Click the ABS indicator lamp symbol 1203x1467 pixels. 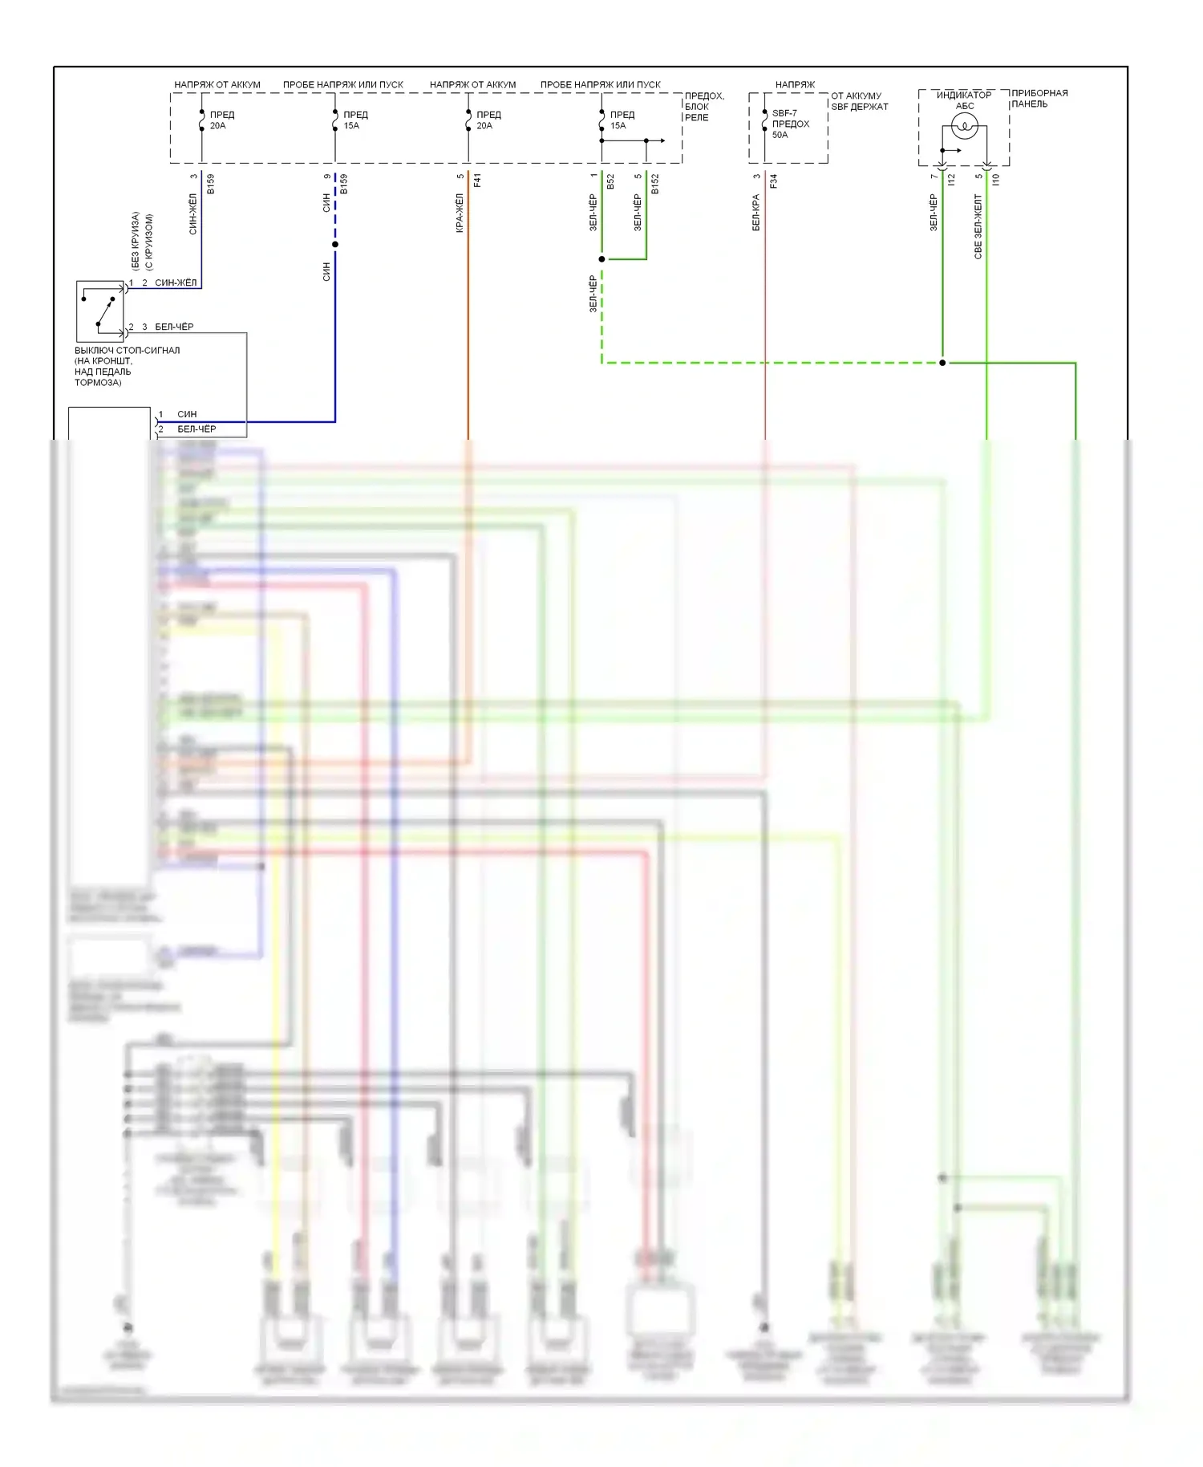point(964,125)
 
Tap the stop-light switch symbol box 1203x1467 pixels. point(100,311)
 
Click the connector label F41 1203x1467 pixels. point(478,181)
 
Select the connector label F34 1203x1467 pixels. point(774,181)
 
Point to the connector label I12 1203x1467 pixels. point(952,180)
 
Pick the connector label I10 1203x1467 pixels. point(996,180)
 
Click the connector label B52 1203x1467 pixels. point(610,181)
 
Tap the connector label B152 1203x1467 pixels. point(655,184)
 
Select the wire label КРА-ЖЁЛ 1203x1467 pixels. point(460,213)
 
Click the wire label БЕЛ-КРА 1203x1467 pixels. point(755,213)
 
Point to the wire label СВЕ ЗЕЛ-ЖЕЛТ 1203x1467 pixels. point(978,226)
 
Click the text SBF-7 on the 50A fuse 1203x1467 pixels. point(784,114)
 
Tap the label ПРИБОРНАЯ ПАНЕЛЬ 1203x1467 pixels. point(1039,99)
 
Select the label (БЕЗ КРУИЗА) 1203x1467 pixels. point(136,241)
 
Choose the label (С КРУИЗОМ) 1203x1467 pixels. point(148,242)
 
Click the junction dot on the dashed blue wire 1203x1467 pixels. point(335,245)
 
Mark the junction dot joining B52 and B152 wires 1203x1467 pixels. point(601,259)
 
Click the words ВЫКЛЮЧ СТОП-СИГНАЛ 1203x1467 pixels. point(127,351)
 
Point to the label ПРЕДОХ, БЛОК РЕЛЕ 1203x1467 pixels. point(704,107)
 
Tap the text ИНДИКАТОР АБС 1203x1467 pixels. point(964,100)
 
